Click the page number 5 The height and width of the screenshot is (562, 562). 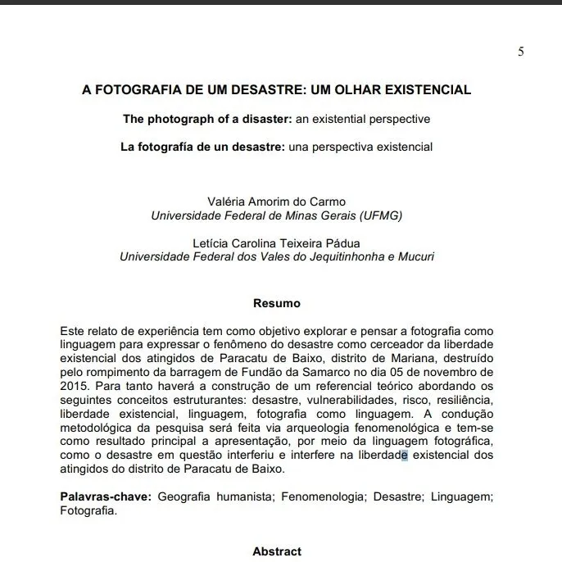521,52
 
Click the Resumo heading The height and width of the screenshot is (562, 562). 276,303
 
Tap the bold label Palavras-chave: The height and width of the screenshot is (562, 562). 106,497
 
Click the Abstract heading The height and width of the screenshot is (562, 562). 277,551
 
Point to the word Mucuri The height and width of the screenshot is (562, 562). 415,256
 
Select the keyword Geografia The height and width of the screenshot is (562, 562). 185,497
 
